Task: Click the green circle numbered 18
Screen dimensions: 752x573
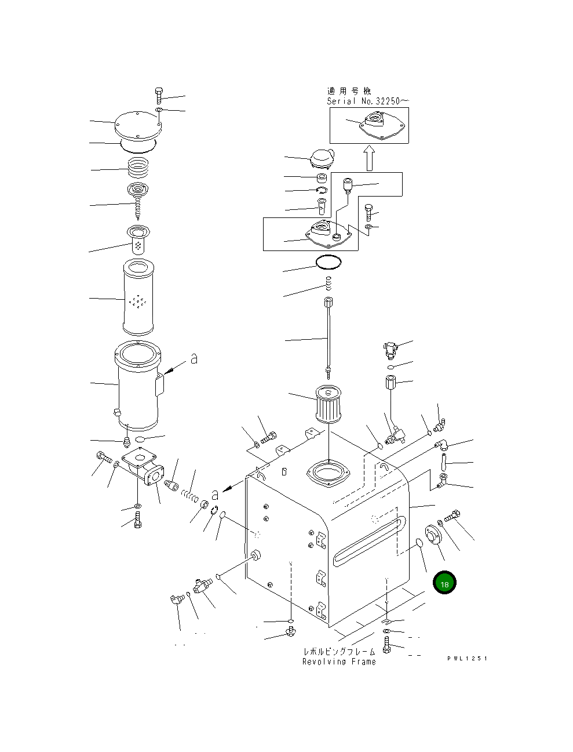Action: point(444,584)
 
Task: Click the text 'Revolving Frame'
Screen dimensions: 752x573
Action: point(339,662)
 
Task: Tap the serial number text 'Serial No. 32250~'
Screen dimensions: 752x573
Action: point(368,101)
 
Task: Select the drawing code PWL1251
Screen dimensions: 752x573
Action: point(467,659)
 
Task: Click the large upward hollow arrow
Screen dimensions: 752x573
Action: point(369,158)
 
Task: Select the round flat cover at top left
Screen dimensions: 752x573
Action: point(137,125)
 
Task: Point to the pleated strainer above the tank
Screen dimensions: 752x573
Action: point(329,404)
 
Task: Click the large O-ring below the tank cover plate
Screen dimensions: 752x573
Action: point(329,263)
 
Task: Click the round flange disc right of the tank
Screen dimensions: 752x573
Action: point(432,534)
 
